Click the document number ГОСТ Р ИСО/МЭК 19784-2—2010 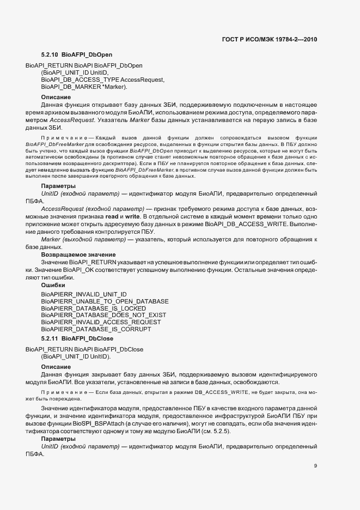click(x=270, y=39)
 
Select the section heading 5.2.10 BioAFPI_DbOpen click(x=76, y=55)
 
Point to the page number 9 click(x=315, y=465)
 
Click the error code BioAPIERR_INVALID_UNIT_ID click(x=84, y=294)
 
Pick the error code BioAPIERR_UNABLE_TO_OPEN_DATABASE click(x=105, y=301)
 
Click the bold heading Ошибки click(x=53, y=285)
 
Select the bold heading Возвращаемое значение click(x=78, y=254)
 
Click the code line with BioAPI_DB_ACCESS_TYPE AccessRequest click(x=102, y=80)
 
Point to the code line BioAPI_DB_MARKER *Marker click(x=84, y=87)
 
